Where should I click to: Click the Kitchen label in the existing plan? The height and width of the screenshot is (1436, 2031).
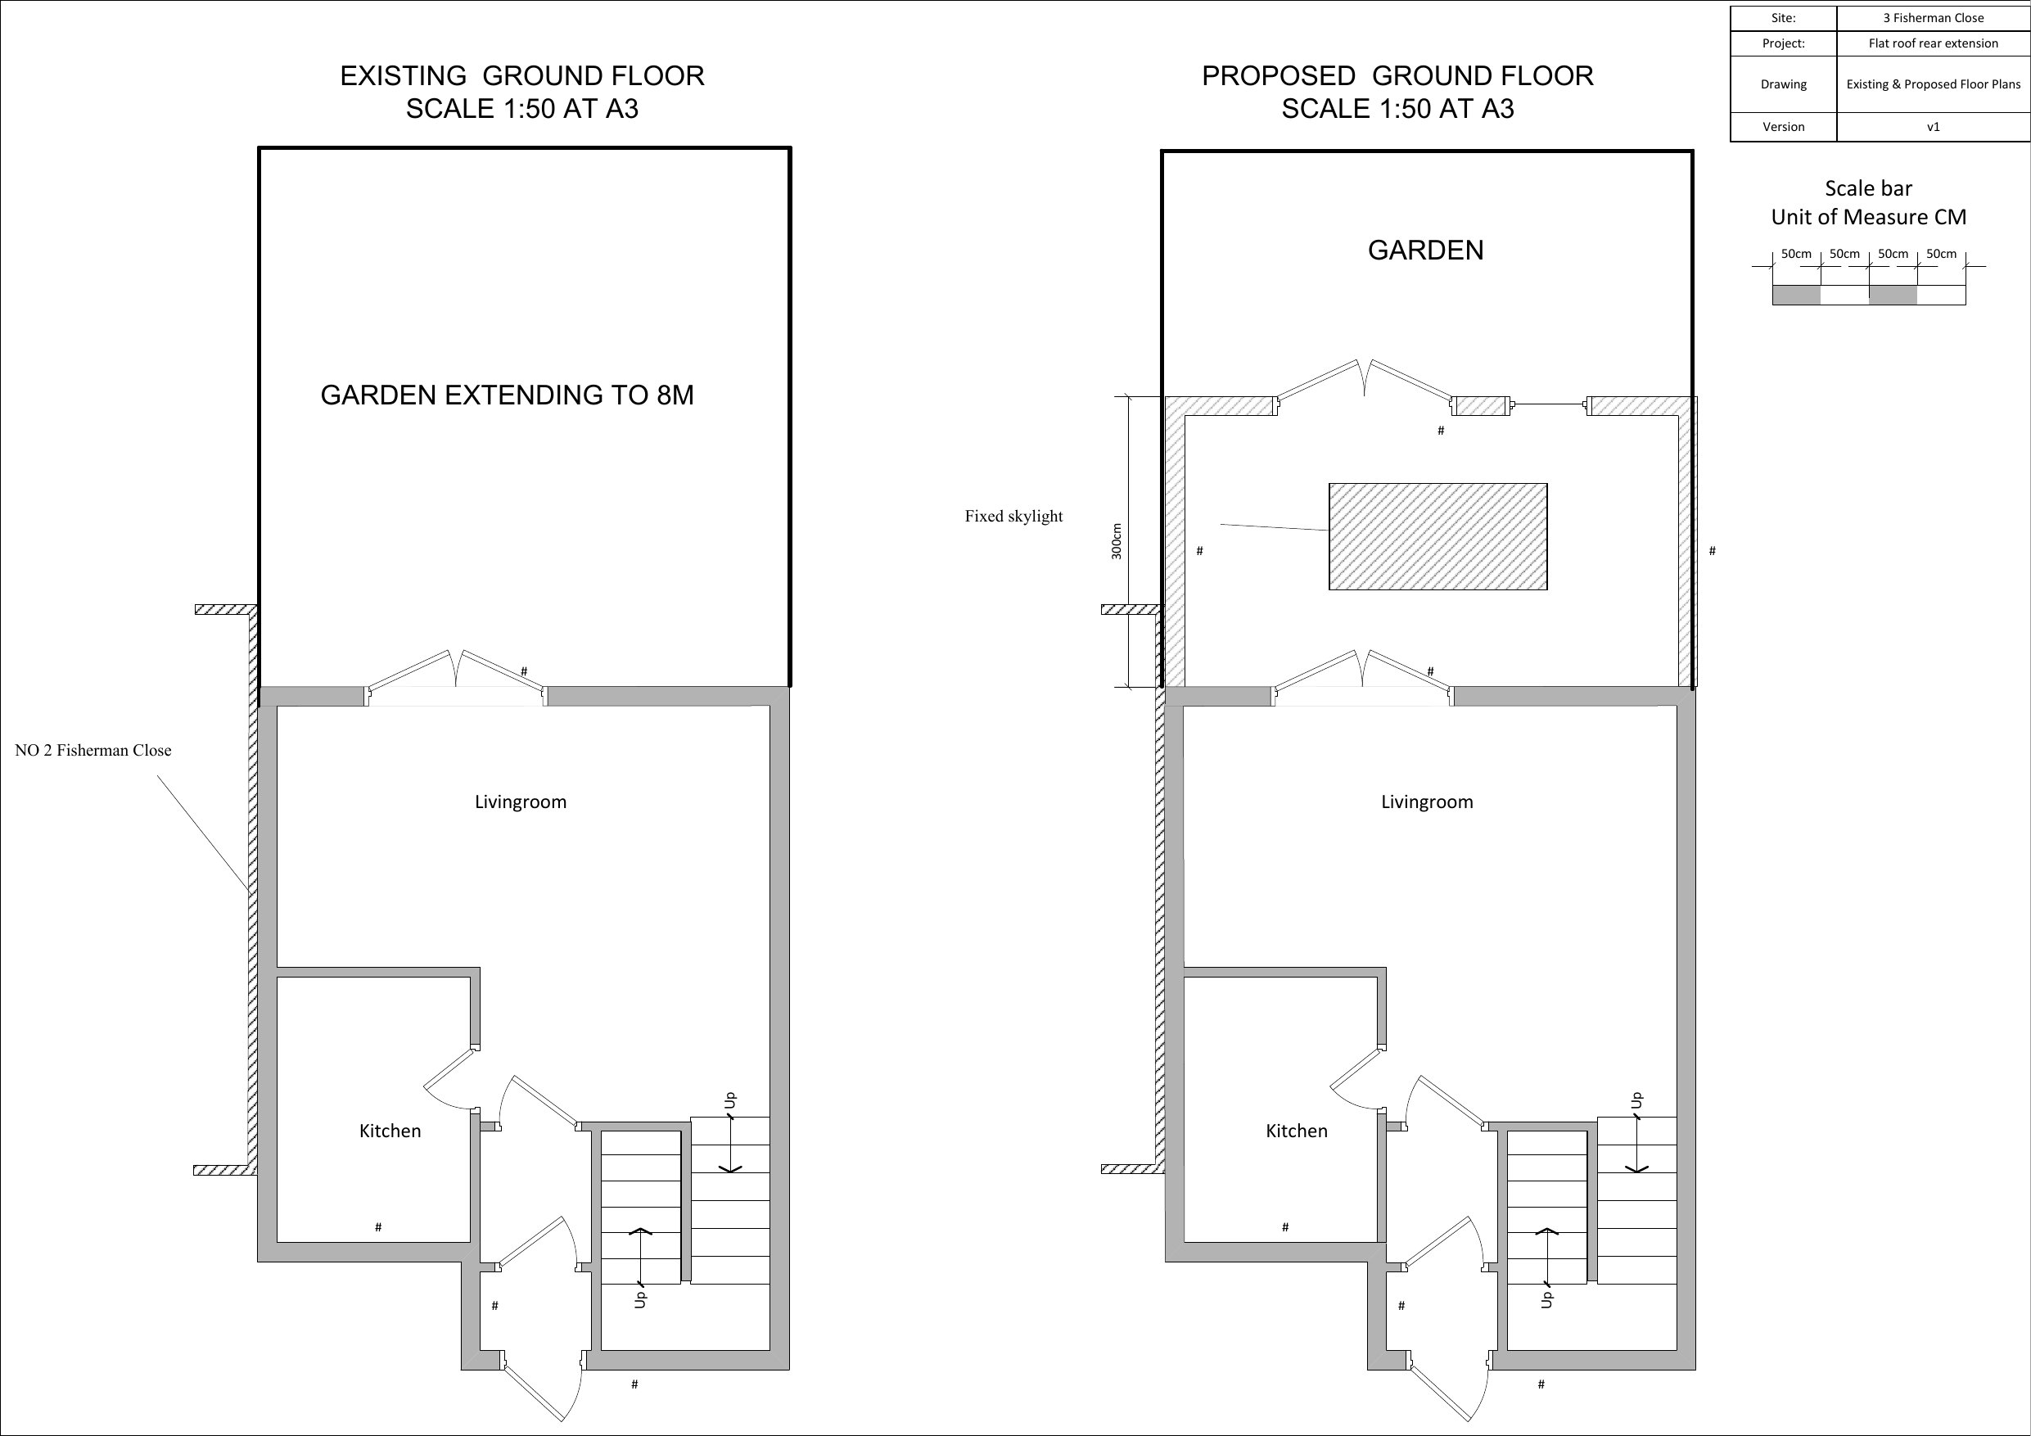[390, 1131]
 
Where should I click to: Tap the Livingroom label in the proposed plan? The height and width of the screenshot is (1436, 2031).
[1427, 802]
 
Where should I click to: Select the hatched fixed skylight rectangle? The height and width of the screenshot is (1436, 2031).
[1438, 536]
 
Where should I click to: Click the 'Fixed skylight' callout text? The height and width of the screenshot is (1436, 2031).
[1013, 516]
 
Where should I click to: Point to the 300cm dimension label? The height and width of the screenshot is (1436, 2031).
[1117, 540]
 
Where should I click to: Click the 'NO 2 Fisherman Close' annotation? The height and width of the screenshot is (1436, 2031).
[93, 750]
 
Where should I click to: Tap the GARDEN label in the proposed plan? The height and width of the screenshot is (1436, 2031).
[1426, 251]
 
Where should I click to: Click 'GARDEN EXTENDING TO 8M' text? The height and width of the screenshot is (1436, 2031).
[507, 395]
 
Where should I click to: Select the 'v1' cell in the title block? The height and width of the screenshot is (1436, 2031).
[1933, 127]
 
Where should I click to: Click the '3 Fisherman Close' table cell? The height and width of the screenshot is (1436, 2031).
[1933, 18]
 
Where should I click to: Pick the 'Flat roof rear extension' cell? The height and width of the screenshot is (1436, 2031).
[1933, 43]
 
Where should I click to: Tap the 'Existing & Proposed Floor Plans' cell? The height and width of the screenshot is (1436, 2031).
[1933, 84]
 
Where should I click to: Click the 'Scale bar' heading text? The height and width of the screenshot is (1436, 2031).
[1868, 188]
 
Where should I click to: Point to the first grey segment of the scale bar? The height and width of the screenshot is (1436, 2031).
[1797, 296]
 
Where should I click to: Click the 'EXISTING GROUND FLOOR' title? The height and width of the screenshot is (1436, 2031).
[522, 76]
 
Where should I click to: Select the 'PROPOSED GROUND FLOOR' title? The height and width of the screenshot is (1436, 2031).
[1397, 76]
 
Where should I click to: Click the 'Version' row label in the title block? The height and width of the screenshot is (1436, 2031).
[1783, 127]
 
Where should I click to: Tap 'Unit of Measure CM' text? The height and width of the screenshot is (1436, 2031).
[1868, 217]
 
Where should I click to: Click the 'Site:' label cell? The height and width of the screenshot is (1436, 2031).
[1783, 18]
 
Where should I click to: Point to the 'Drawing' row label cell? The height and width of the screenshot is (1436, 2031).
[1783, 84]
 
